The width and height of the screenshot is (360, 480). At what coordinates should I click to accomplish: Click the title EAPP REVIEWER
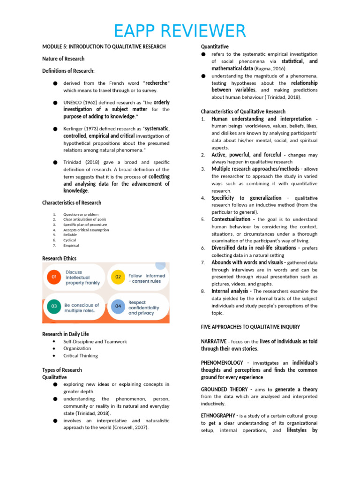pyautogui.click(x=180, y=31)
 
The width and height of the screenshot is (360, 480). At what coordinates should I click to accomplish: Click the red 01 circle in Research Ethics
pyautogui.click(x=54, y=277)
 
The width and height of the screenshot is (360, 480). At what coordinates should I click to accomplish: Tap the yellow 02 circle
pyautogui.click(x=118, y=277)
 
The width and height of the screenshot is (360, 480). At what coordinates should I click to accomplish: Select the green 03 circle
pyautogui.click(x=54, y=307)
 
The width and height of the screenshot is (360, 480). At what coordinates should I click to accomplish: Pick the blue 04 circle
pyautogui.click(x=118, y=307)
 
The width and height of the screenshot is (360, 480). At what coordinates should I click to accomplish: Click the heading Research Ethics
pyautogui.click(x=59, y=258)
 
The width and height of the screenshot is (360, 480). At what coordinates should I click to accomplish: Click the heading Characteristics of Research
pyautogui.click(x=72, y=202)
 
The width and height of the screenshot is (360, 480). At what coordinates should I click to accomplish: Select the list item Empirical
pyautogui.click(x=71, y=245)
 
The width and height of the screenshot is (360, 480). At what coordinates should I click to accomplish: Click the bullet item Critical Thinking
pyautogui.click(x=81, y=355)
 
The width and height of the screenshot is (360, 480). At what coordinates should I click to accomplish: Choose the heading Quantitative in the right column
pyautogui.click(x=215, y=47)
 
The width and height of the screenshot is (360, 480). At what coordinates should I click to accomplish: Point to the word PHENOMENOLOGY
pyautogui.click(x=222, y=363)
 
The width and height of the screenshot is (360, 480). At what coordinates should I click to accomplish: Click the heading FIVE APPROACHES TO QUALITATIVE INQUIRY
pyautogui.click(x=250, y=327)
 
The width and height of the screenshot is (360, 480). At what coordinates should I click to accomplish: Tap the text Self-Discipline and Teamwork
pyautogui.click(x=95, y=341)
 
